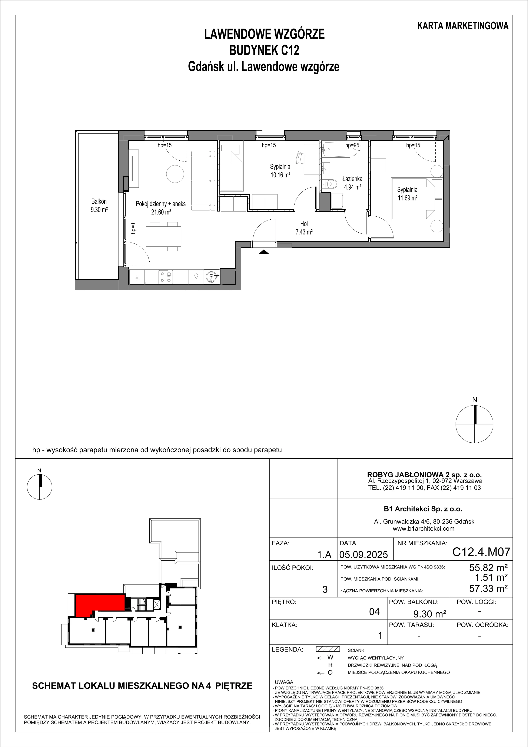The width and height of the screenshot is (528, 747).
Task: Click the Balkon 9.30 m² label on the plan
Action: pyautogui.click(x=99, y=206)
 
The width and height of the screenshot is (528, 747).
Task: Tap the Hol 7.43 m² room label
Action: pyautogui.click(x=304, y=228)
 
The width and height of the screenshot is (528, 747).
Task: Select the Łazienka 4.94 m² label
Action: pyautogui.click(x=352, y=183)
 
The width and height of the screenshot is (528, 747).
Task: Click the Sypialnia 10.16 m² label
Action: pyautogui.click(x=280, y=170)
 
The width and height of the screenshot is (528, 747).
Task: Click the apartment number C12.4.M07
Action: pyautogui.click(x=481, y=552)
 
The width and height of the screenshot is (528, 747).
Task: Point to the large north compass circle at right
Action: pyautogui.click(x=474, y=424)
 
